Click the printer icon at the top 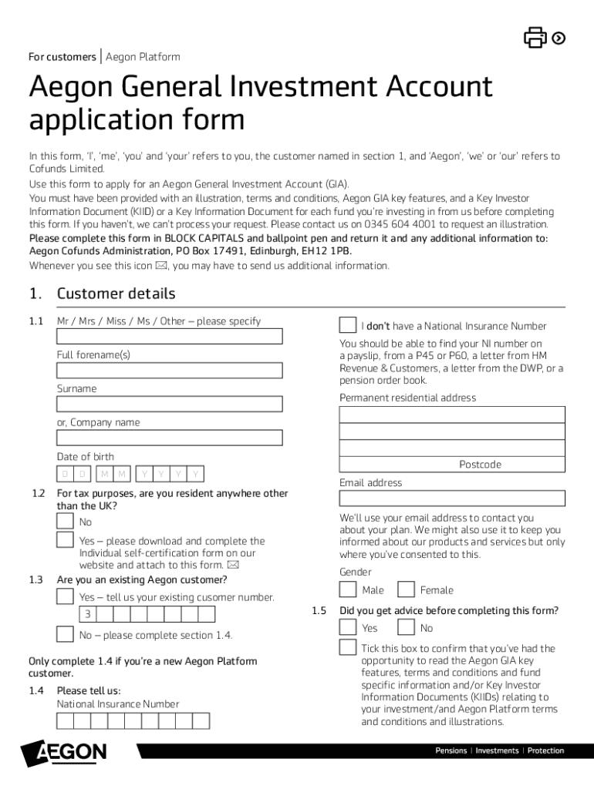pyautogui.click(x=535, y=37)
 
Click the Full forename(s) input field pyautogui.click(x=169, y=370)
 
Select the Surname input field pyautogui.click(x=169, y=404)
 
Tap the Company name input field pyautogui.click(x=169, y=438)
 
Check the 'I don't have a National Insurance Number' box pyautogui.click(x=348, y=325)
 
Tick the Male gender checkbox pyautogui.click(x=348, y=589)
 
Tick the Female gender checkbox pyautogui.click(x=406, y=589)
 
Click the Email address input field pyautogui.click(x=452, y=498)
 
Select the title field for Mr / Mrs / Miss pyautogui.click(x=169, y=336)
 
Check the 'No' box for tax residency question pyautogui.click(x=66, y=522)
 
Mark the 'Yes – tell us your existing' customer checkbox pyautogui.click(x=66, y=597)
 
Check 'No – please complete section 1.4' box pyautogui.click(x=66, y=634)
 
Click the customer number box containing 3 pyautogui.click(x=87, y=614)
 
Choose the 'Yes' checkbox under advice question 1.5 pyautogui.click(x=348, y=627)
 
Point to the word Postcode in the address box pyautogui.click(x=480, y=465)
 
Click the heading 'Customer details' pyautogui.click(x=116, y=294)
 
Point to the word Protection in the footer pyautogui.click(x=545, y=750)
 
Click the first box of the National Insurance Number pyautogui.click(x=66, y=720)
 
